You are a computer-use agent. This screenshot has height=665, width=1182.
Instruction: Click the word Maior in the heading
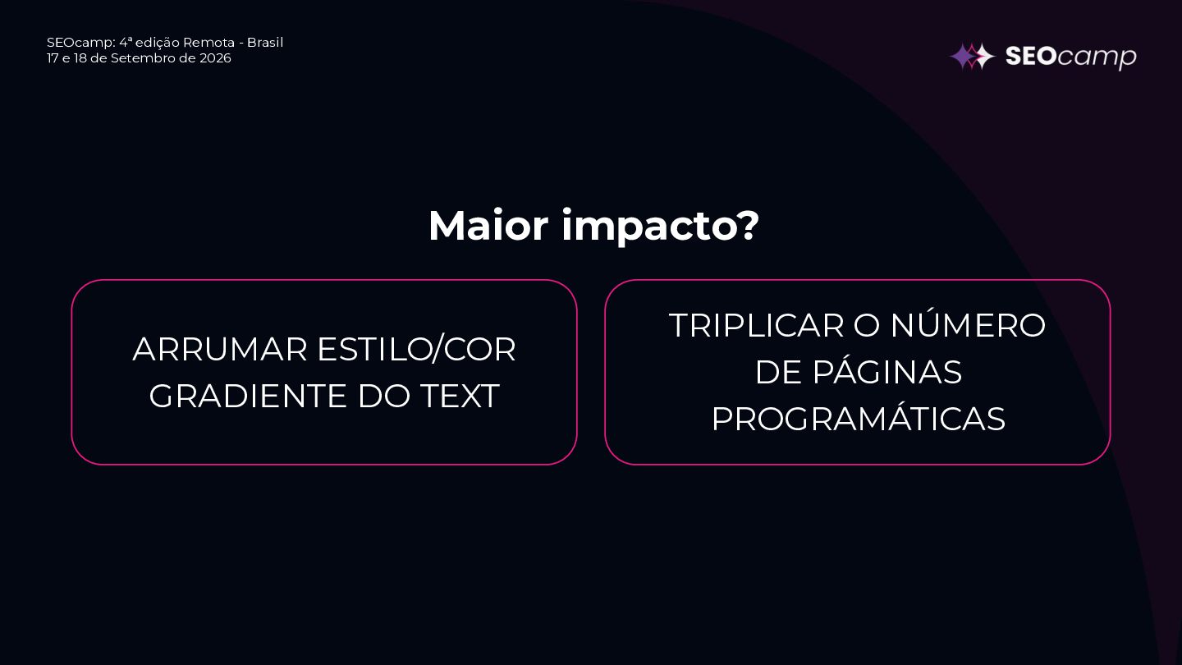[488, 225]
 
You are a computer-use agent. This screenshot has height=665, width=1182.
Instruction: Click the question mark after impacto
[746, 225]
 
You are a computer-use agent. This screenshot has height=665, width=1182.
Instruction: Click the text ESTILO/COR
[416, 350]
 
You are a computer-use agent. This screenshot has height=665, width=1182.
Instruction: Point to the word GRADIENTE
[248, 396]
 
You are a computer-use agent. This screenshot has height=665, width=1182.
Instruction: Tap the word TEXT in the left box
[460, 396]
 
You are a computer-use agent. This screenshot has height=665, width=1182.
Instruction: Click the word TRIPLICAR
[757, 325]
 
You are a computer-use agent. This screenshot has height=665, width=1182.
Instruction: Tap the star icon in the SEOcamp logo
[972, 56]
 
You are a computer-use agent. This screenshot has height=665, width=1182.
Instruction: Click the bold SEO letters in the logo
[1031, 56]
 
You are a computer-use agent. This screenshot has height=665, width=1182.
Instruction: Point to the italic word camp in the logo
[1097, 57]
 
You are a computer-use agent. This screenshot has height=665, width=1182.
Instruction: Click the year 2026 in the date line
[215, 58]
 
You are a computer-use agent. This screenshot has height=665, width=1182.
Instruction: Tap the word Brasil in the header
[265, 42]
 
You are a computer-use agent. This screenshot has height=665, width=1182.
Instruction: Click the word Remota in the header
[208, 42]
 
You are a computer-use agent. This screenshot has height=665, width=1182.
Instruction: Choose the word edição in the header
[158, 43]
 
